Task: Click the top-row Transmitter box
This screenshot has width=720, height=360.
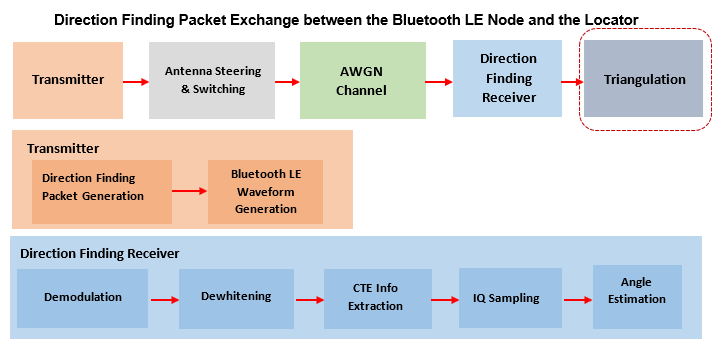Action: [x=68, y=80]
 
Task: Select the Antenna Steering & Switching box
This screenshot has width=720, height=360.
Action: [x=212, y=80]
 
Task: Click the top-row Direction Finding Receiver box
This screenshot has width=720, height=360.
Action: [x=508, y=78]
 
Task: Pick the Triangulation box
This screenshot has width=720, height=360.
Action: [x=645, y=80]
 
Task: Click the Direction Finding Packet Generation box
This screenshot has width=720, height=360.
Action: [x=93, y=187]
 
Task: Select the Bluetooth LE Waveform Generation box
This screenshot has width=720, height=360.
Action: [x=265, y=191]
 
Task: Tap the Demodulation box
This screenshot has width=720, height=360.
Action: [x=83, y=297]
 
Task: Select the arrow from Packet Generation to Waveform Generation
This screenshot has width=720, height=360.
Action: [x=189, y=188]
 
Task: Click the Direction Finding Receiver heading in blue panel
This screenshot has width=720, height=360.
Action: [x=99, y=254]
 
